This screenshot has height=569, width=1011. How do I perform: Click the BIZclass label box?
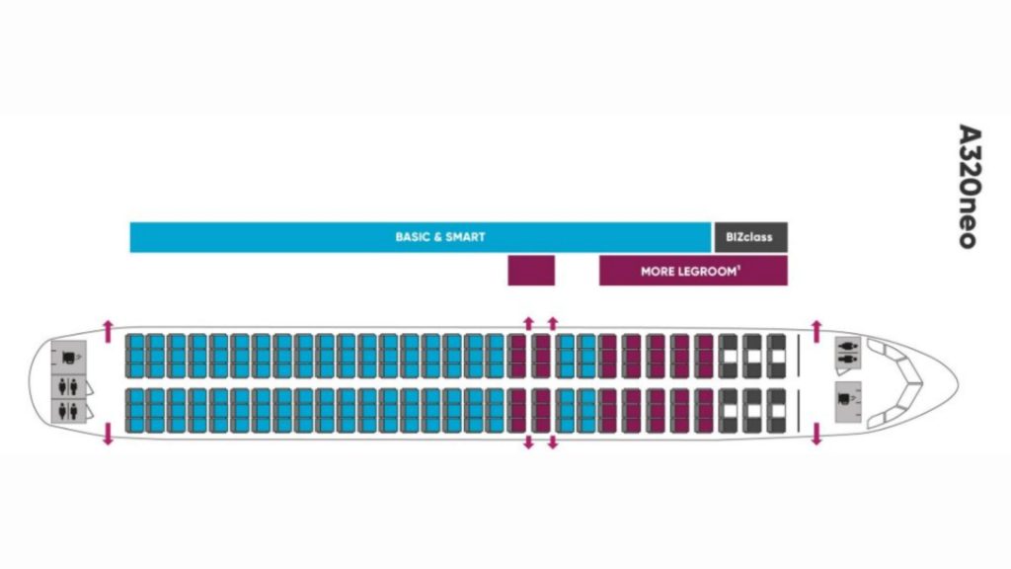point(750,237)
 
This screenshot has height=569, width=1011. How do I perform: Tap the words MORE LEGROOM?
point(687,271)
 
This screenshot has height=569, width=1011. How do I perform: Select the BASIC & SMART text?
point(440,237)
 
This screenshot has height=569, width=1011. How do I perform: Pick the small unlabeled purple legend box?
point(531,270)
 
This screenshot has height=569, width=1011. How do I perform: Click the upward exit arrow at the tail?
point(108,327)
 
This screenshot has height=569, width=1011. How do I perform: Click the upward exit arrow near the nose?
point(816,327)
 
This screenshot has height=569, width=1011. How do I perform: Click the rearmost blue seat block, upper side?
point(134,355)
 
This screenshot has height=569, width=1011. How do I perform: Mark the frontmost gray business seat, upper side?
point(776,355)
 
